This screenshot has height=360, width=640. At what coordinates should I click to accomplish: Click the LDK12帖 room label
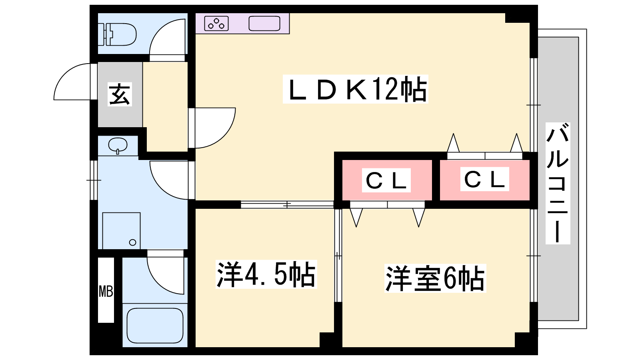[355, 89]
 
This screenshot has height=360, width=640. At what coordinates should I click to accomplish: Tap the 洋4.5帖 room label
[266, 275]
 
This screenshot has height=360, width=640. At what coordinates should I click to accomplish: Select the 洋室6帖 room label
[435, 278]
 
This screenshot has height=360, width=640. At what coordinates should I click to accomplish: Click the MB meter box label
[106, 291]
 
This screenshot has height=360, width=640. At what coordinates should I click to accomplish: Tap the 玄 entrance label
[120, 94]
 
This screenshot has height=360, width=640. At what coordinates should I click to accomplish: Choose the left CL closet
[386, 180]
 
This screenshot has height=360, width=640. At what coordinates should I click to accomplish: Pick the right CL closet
[484, 179]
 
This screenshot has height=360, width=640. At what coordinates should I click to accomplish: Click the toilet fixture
[119, 34]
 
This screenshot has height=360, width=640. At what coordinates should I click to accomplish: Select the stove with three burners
[216, 24]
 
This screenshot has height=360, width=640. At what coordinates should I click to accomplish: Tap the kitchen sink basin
[264, 24]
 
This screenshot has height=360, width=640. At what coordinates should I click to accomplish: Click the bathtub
[155, 325]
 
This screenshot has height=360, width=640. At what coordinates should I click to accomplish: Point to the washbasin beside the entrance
[118, 145]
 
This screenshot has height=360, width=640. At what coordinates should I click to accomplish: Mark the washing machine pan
[121, 231]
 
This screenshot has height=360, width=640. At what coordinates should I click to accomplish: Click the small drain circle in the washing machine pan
[133, 242]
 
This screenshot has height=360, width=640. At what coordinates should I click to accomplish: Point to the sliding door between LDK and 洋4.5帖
[287, 204]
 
